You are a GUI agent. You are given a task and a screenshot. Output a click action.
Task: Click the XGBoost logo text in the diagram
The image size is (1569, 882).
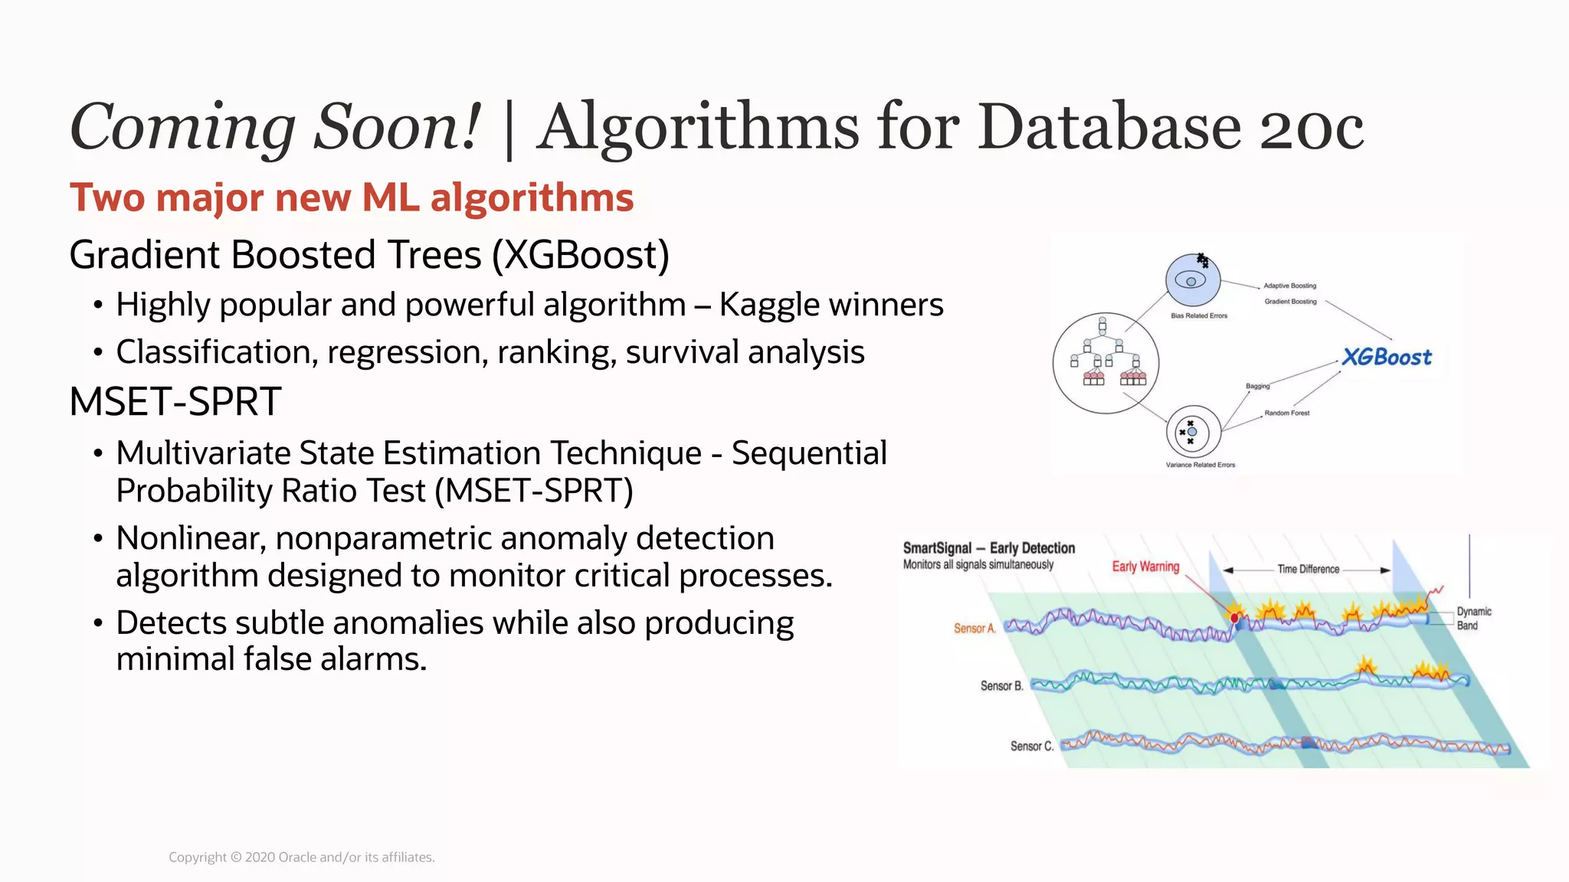(1387, 357)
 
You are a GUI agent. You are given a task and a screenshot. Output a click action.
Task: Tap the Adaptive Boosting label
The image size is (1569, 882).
(1290, 286)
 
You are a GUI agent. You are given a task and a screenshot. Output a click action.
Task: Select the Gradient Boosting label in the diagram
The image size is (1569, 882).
(1290, 302)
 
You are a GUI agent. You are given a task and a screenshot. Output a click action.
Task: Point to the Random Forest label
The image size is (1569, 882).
(1287, 413)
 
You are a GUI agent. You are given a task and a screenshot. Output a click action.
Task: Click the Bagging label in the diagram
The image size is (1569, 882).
(1257, 386)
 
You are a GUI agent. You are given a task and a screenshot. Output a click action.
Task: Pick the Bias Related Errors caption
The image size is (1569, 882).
(1199, 315)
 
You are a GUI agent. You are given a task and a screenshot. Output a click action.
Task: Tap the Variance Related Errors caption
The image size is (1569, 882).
(1200, 465)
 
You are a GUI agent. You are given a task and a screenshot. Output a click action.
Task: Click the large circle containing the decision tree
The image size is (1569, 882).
(1106, 364)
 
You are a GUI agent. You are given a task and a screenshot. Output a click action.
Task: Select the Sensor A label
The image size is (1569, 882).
(974, 629)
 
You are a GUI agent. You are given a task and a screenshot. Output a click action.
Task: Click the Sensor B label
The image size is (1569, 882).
(1001, 686)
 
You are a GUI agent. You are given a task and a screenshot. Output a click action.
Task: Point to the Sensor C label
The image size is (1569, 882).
(1031, 746)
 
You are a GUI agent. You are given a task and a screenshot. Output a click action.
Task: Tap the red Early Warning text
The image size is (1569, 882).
(1145, 567)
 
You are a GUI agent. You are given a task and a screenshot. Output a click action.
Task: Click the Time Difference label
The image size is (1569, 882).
(1308, 570)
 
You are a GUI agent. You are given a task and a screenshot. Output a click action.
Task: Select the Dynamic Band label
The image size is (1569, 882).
(1473, 619)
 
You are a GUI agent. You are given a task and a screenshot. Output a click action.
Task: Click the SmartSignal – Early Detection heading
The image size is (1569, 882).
(988, 548)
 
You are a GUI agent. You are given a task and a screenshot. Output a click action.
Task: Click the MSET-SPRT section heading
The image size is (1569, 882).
(175, 402)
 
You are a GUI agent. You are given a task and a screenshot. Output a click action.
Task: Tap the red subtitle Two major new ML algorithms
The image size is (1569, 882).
(352, 198)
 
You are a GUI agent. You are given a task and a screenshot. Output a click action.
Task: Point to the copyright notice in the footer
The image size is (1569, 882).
(302, 857)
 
